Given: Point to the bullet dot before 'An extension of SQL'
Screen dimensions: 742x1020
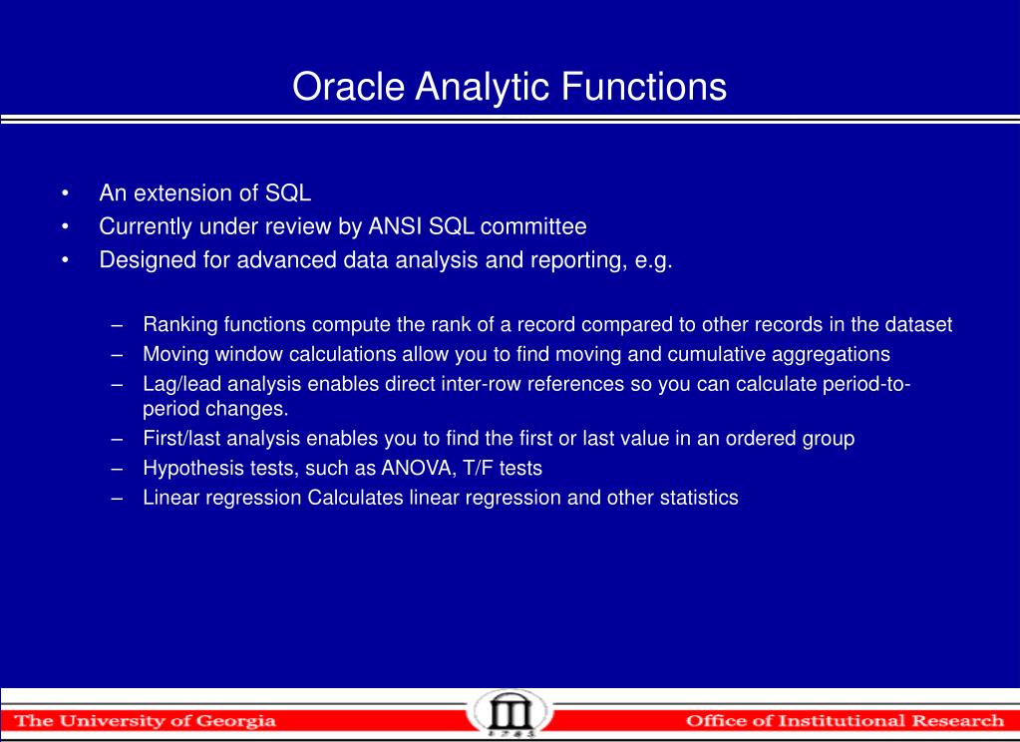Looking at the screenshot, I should point(65,192).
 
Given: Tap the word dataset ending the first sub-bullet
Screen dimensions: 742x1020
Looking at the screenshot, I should point(922,324).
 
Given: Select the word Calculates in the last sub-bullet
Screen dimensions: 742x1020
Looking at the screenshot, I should point(356,498).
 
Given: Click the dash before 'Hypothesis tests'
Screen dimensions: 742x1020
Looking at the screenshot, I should point(119,468).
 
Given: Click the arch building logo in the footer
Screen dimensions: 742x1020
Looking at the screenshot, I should point(510,714).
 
